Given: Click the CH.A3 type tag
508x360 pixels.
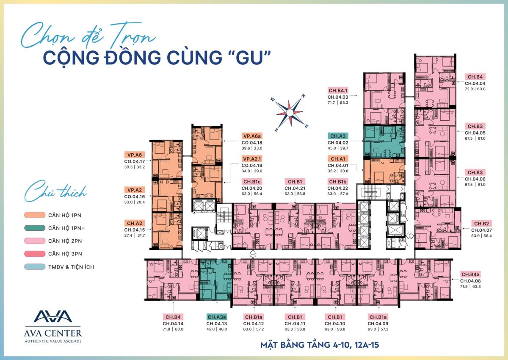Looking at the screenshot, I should pyautogui.click(x=338, y=136).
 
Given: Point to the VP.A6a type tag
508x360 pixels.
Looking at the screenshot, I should pyautogui.click(x=252, y=136).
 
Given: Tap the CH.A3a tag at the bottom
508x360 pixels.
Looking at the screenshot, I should pyautogui.click(x=217, y=317).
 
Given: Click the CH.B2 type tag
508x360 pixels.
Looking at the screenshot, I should pyautogui.click(x=482, y=224).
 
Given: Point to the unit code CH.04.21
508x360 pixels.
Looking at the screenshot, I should pyautogui.click(x=295, y=188).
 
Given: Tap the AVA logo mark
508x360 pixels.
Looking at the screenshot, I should pyautogui.click(x=53, y=316).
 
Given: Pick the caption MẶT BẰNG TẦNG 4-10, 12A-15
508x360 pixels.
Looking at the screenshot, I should pyautogui.click(x=319, y=345).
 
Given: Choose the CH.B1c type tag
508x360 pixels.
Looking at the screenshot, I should pyautogui.click(x=252, y=182).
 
